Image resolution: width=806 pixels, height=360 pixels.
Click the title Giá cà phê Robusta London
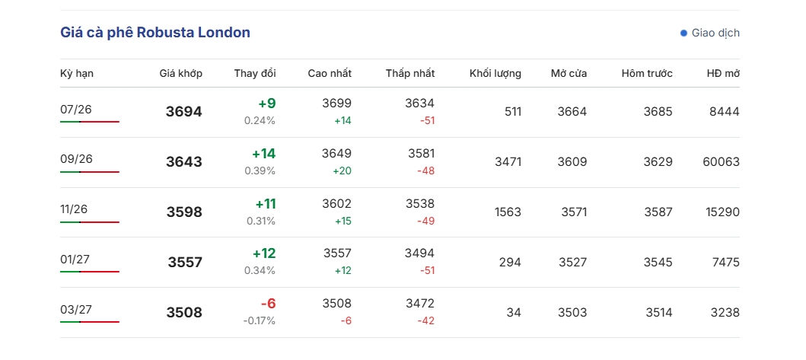point(155,33)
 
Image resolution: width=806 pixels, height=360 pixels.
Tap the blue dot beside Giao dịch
point(683,33)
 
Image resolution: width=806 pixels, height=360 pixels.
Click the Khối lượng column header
point(495,74)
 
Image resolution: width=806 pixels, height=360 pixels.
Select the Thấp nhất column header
point(410,73)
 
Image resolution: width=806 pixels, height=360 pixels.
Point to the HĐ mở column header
point(723,73)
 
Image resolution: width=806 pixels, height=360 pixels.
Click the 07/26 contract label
point(76,109)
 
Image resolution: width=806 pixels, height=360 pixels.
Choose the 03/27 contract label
point(76,310)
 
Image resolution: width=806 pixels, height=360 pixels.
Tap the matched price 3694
point(184,112)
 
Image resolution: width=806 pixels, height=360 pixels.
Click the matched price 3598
point(184,212)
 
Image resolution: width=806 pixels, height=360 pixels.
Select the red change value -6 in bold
point(269,304)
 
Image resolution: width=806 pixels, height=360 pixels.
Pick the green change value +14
point(263,153)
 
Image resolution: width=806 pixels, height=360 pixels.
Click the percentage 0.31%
point(261,221)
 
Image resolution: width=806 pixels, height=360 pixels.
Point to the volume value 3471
point(508,162)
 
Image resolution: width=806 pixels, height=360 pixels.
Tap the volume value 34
point(514,313)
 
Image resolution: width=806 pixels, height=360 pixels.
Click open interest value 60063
point(722,162)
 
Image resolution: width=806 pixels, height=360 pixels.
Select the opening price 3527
point(572,263)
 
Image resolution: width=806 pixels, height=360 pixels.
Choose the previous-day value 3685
point(658,112)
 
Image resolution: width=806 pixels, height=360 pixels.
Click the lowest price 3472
point(420,304)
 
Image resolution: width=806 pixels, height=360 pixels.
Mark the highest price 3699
point(337,104)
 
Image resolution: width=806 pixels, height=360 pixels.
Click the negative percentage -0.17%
point(259,321)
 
